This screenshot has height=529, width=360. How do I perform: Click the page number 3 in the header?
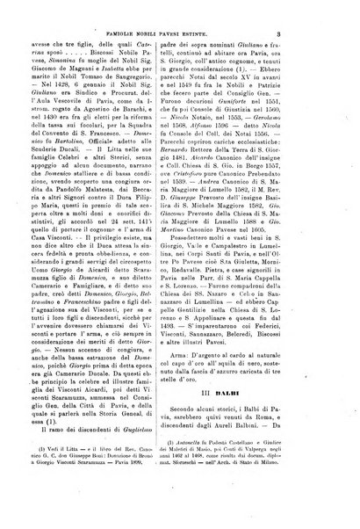pyautogui.click(x=326, y=35)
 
